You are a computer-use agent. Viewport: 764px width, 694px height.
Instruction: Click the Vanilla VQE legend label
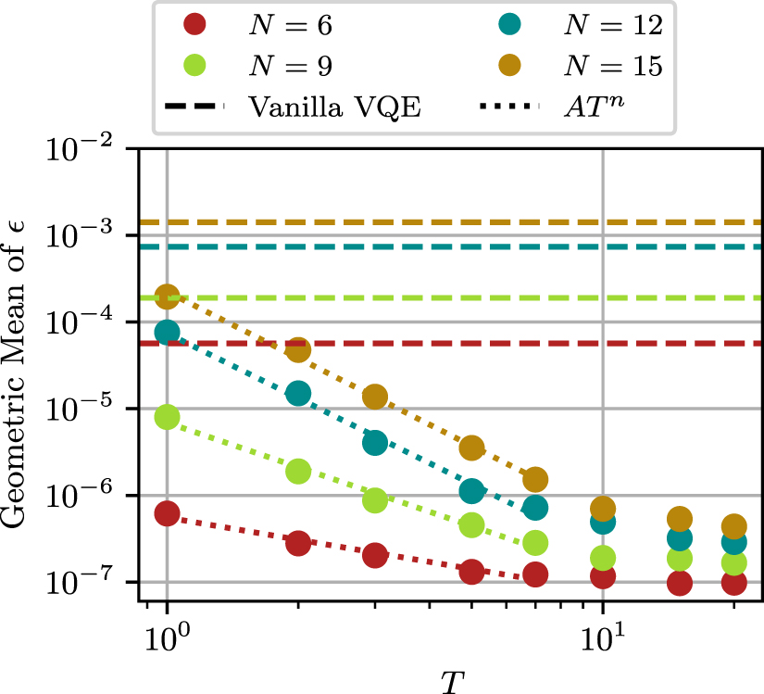334,106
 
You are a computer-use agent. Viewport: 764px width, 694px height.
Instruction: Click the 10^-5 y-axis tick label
93,409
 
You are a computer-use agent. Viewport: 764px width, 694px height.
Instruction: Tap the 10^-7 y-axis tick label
93,582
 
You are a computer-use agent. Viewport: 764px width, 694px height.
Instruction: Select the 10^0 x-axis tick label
165,638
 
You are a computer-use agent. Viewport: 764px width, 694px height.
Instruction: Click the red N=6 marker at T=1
167,513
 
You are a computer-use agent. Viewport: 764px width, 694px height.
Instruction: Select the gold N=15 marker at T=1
167,297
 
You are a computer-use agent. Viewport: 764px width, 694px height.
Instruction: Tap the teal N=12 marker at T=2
298,393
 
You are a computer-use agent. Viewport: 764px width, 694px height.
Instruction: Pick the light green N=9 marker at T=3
375,500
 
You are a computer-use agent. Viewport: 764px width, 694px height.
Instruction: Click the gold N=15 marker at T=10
603,508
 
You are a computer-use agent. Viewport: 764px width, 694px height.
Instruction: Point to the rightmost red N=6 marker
734,583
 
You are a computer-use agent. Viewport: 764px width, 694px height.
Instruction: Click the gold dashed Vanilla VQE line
463,222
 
